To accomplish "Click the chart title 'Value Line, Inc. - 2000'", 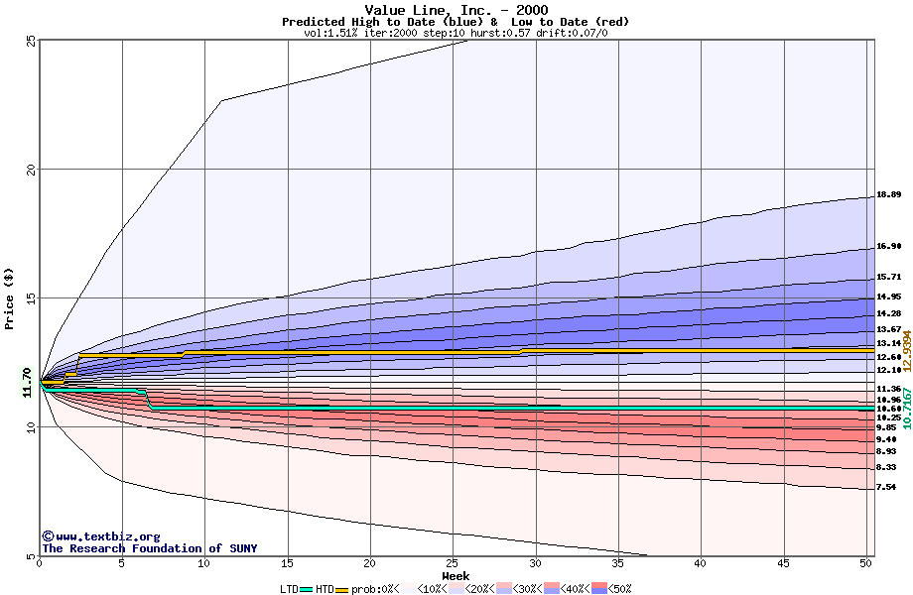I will click(x=456, y=10).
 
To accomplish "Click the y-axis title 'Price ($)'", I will click(x=9, y=298).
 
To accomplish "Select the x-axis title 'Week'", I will click(x=456, y=575).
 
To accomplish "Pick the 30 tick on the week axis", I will click(x=536, y=563).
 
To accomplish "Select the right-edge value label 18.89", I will click(x=888, y=195).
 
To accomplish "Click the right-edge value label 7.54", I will click(x=888, y=487).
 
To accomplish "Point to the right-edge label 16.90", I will click(x=888, y=247).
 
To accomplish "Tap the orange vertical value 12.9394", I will click(x=906, y=350).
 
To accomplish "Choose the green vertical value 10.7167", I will click(x=906, y=408).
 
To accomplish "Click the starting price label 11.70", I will click(x=28, y=382).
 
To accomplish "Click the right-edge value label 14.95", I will click(x=888, y=297).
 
